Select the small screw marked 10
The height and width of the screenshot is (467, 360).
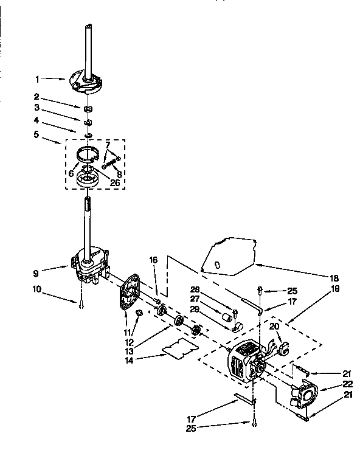[80, 305]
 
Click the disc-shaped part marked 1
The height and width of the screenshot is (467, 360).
[90, 81]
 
